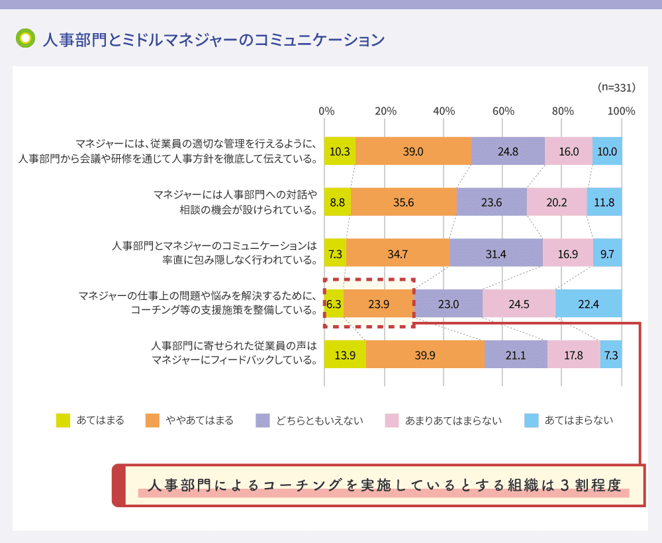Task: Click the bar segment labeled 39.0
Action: pos(413,151)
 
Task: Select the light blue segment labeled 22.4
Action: pos(589,303)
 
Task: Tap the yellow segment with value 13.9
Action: pos(345,354)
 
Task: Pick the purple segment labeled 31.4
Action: pos(496,253)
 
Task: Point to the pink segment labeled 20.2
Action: pos(557,202)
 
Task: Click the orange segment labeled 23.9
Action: pos(379,303)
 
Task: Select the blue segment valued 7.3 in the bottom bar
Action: pos(611,354)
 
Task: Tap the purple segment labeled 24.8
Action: pos(508,151)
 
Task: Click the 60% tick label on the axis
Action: pos(503,111)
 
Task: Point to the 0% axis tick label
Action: pos(326,111)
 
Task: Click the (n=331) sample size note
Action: pos(616,87)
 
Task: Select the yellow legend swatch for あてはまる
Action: pos(63,420)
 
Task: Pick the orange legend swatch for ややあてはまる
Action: pos(153,420)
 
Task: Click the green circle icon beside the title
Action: pos(25,38)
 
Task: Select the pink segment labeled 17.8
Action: pos(573,354)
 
